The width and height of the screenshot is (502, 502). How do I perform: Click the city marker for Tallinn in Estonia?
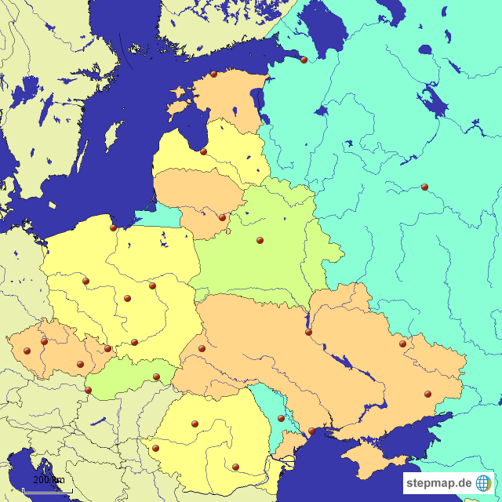click(x=213, y=75)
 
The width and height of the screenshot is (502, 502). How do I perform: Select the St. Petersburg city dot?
click(x=304, y=60)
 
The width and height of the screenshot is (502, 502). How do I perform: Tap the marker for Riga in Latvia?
click(x=203, y=152)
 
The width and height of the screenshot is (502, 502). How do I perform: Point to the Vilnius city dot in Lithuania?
click(x=222, y=218)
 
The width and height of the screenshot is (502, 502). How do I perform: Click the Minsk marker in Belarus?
click(x=260, y=241)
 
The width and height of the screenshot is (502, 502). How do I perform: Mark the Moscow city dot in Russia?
click(x=424, y=187)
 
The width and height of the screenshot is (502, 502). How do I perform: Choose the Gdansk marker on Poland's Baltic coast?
click(x=113, y=228)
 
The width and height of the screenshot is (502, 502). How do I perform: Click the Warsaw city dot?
click(x=152, y=286)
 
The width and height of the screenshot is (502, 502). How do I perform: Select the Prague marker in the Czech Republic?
click(x=44, y=342)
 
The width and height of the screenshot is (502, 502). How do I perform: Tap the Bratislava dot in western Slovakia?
click(x=88, y=390)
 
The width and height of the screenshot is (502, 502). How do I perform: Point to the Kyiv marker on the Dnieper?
click(x=308, y=333)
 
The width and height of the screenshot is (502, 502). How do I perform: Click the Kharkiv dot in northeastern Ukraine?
click(x=402, y=344)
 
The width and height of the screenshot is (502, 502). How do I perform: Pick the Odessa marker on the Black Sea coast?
click(x=311, y=431)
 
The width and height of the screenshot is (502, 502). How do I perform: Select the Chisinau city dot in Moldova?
click(x=281, y=418)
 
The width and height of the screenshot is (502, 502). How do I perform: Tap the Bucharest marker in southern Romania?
click(x=235, y=467)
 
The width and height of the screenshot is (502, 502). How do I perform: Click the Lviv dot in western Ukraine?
click(x=202, y=348)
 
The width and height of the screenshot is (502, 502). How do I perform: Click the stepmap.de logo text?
click(x=438, y=482)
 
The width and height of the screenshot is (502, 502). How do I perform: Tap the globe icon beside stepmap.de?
click(x=484, y=482)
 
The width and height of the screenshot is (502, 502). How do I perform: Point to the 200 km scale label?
click(x=49, y=480)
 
